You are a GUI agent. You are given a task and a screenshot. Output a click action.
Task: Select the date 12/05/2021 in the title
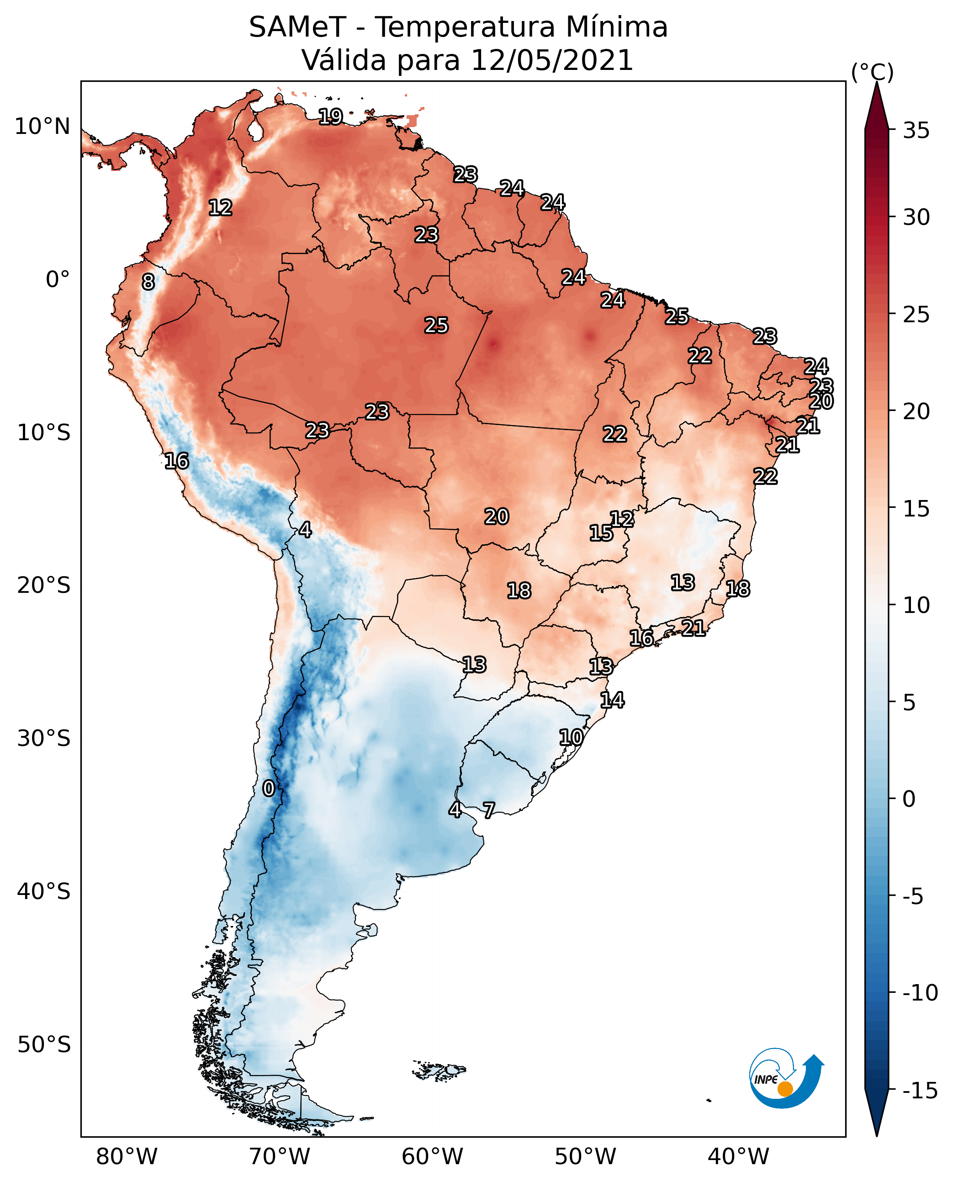pos(552,60)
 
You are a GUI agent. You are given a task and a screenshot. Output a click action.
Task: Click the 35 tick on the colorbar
pos(916,131)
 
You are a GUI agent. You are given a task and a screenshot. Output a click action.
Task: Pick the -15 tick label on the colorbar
pos(920,1091)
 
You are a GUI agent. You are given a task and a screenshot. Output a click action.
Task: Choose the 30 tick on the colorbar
pos(916,218)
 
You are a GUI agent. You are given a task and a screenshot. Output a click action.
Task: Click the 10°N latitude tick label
pos(42,127)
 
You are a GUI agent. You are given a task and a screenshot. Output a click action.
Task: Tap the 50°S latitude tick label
pos(44,1044)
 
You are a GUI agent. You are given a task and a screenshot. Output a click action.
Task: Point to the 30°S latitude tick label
pos(44,739)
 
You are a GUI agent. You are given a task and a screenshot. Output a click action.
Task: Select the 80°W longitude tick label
pos(127,1156)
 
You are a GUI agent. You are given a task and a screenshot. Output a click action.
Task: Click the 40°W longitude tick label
pos(738,1156)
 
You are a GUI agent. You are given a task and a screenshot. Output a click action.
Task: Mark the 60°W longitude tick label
pos(433,1156)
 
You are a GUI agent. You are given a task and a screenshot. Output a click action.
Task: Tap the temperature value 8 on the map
pos(148,282)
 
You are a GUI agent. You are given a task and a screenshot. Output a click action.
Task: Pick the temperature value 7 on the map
pos(488,809)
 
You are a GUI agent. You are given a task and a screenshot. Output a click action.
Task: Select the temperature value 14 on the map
pos(612,700)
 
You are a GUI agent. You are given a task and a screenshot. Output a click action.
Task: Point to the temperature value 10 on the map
pos(571,737)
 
